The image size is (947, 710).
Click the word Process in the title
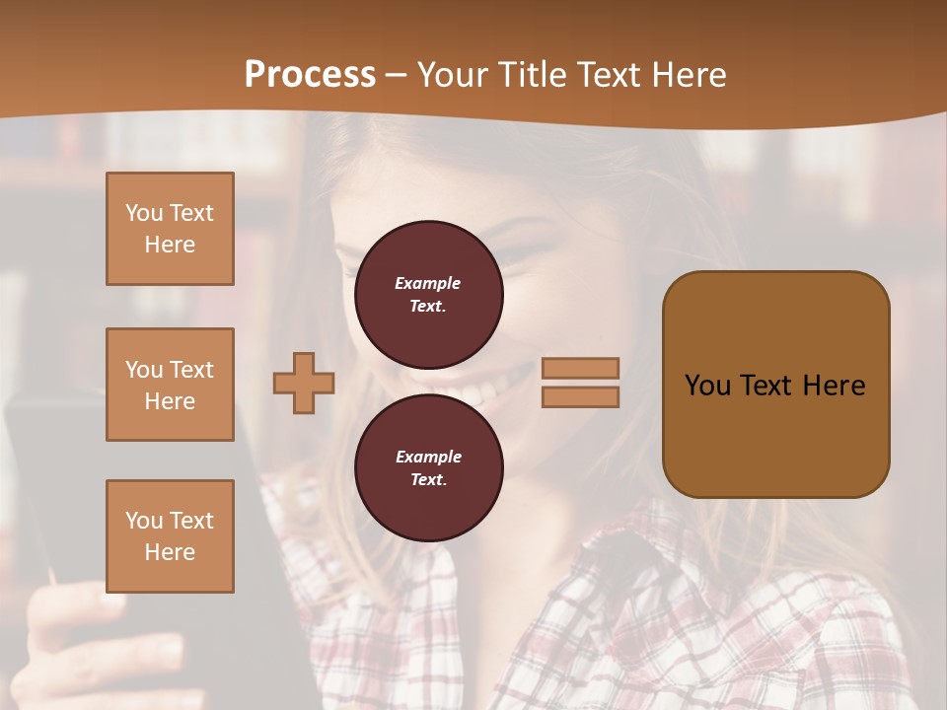(x=310, y=75)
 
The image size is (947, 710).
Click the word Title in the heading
(x=532, y=75)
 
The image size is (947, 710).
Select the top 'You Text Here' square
(x=170, y=229)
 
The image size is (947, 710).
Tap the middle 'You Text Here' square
(x=170, y=385)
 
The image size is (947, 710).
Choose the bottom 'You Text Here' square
(x=170, y=536)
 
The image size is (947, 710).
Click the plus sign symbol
(x=304, y=382)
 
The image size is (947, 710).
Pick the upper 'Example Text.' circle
(x=428, y=295)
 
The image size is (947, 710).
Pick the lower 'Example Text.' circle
(x=428, y=468)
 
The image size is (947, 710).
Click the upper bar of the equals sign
(x=580, y=368)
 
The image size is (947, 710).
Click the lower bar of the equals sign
(x=580, y=396)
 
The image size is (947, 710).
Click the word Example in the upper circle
(x=427, y=283)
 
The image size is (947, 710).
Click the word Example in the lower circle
(x=427, y=457)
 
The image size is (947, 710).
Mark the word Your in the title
(x=453, y=75)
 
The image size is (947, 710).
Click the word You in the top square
(x=143, y=213)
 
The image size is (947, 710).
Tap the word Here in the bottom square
(x=170, y=552)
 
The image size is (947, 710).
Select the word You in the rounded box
(x=708, y=386)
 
